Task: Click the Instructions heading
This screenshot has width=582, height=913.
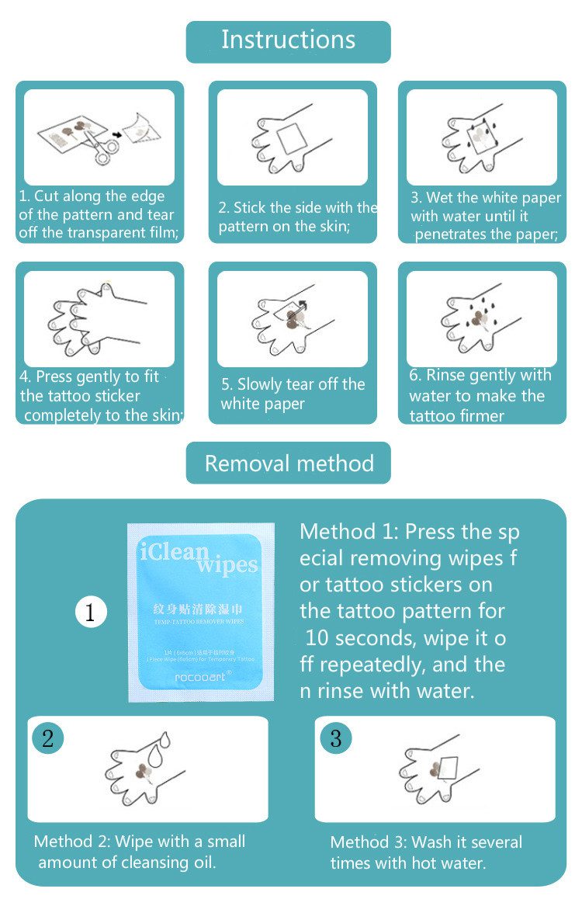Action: (x=288, y=40)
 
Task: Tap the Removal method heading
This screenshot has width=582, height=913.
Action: (x=289, y=463)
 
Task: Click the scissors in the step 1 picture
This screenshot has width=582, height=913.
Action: (x=99, y=148)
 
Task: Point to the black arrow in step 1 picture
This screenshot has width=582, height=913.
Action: (x=116, y=134)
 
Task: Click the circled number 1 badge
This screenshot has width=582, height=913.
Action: (x=90, y=613)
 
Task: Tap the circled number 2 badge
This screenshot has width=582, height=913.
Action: (x=48, y=738)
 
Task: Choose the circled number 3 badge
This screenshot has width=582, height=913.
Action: (x=335, y=738)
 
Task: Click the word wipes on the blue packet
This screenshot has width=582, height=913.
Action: (x=227, y=564)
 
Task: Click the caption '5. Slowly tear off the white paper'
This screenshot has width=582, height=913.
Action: (x=292, y=394)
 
